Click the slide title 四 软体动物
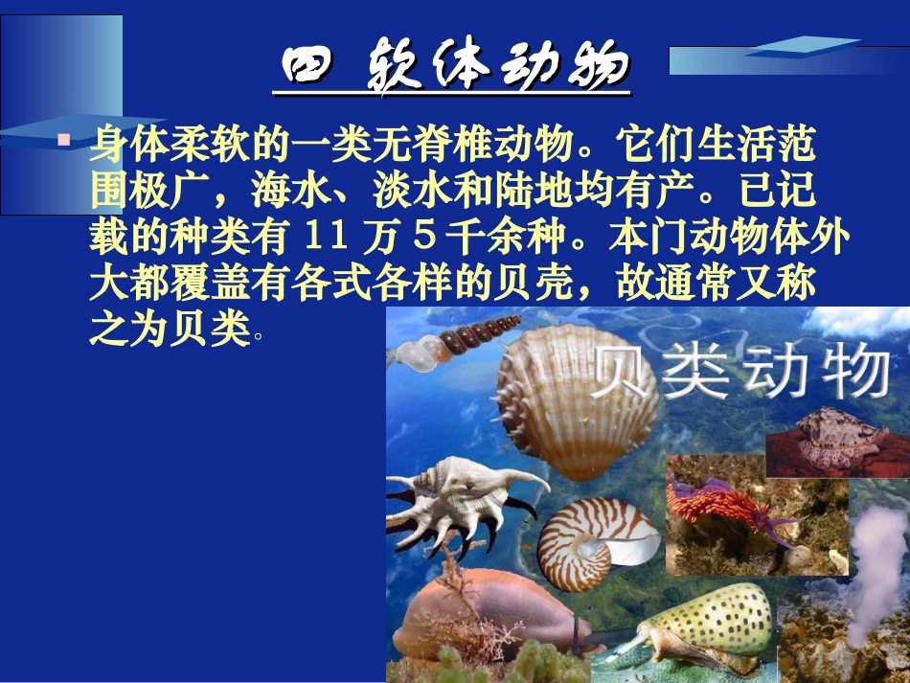pos(451,70)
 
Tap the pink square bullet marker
pos(63,140)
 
